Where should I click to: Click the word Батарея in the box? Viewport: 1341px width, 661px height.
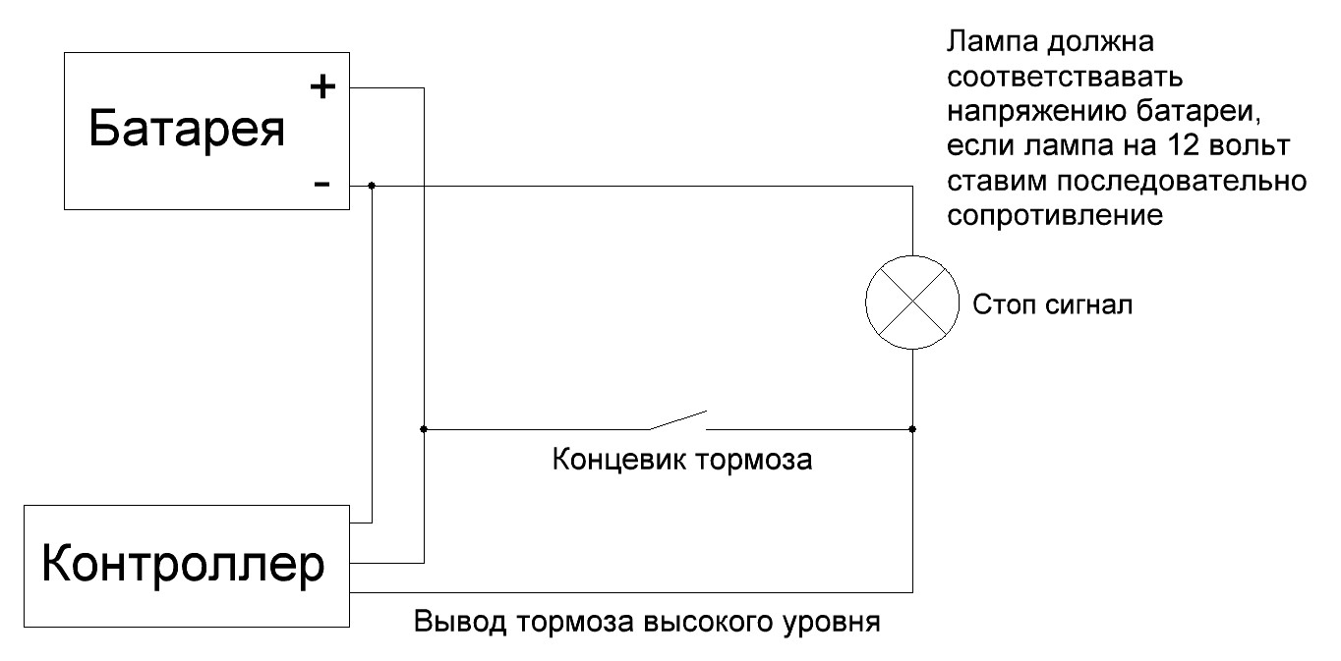[x=187, y=129]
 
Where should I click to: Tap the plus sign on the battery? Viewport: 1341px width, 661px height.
[x=322, y=87]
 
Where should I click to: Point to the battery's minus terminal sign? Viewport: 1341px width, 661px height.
[x=322, y=184]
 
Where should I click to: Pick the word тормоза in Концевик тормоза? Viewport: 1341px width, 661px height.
[x=754, y=460]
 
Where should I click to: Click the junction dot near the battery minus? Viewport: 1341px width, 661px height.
[x=372, y=185]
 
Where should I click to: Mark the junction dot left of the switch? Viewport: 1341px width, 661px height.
[x=423, y=429]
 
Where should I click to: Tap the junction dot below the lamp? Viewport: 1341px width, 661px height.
[x=912, y=429]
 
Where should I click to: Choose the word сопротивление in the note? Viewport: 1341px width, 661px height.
[x=1055, y=215]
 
